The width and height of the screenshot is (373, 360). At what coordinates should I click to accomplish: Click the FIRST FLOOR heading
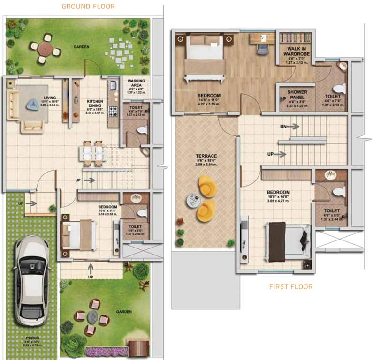click(x=290, y=286)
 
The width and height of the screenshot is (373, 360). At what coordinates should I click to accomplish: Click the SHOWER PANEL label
click(x=297, y=95)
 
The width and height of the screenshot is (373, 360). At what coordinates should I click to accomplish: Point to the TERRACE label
click(x=206, y=156)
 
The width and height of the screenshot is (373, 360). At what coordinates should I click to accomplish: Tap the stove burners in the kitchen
click(x=113, y=112)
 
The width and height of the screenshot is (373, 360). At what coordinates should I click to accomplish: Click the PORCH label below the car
click(x=32, y=338)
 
